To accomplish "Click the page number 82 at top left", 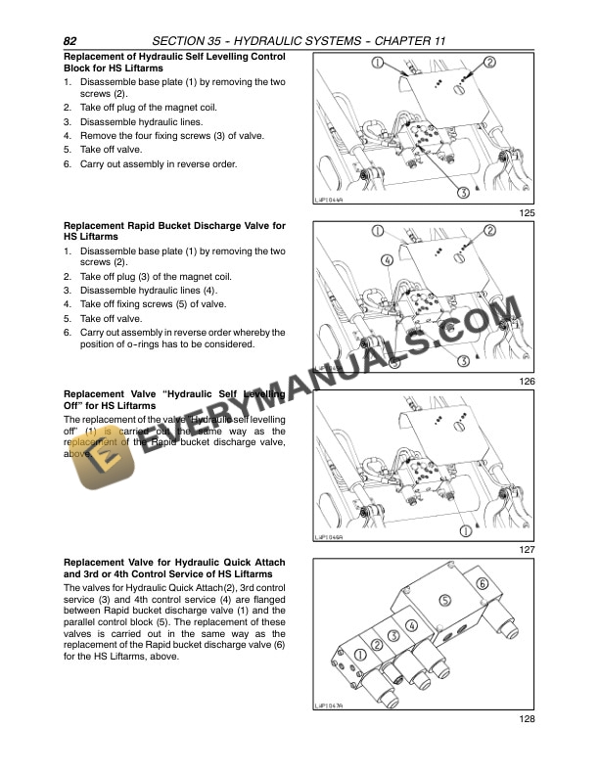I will (x=70, y=41).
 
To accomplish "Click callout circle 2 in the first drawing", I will (x=490, y=63).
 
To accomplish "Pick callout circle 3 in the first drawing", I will (x=461, y=193).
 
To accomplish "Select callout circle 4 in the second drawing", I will (x=387, y=261).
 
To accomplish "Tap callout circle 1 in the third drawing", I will (x=450, y=530).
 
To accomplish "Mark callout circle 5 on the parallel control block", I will (x=444, y=600).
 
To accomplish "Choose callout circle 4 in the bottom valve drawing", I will (x=411, y=624).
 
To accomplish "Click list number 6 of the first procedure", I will (x=67, y=164).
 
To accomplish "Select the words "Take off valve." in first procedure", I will (x=112, y=150).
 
